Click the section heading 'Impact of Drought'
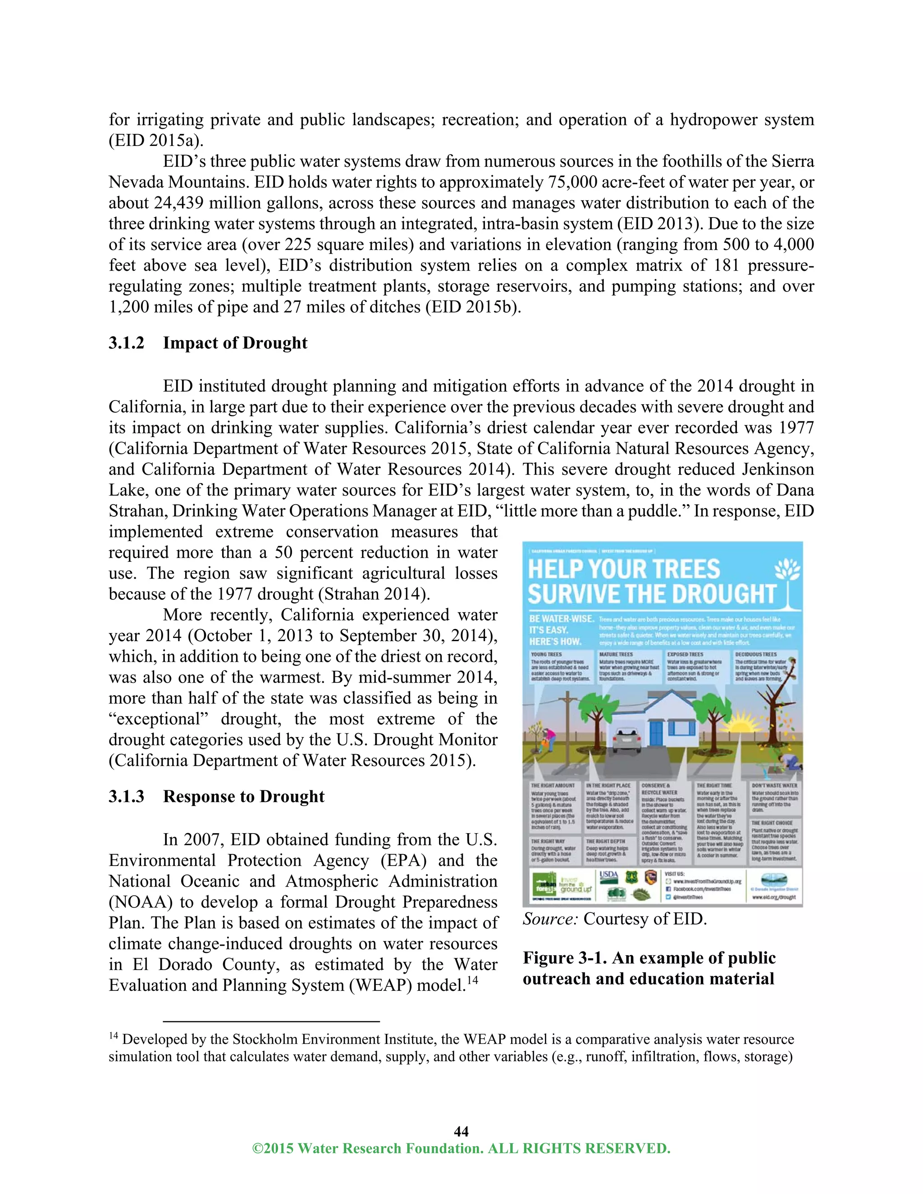235,343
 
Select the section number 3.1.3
126,797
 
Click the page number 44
461,1131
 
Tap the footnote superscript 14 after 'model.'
472,980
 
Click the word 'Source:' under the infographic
549,919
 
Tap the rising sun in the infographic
738,727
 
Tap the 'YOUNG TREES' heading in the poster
546,654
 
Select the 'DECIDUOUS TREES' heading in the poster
756,654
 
